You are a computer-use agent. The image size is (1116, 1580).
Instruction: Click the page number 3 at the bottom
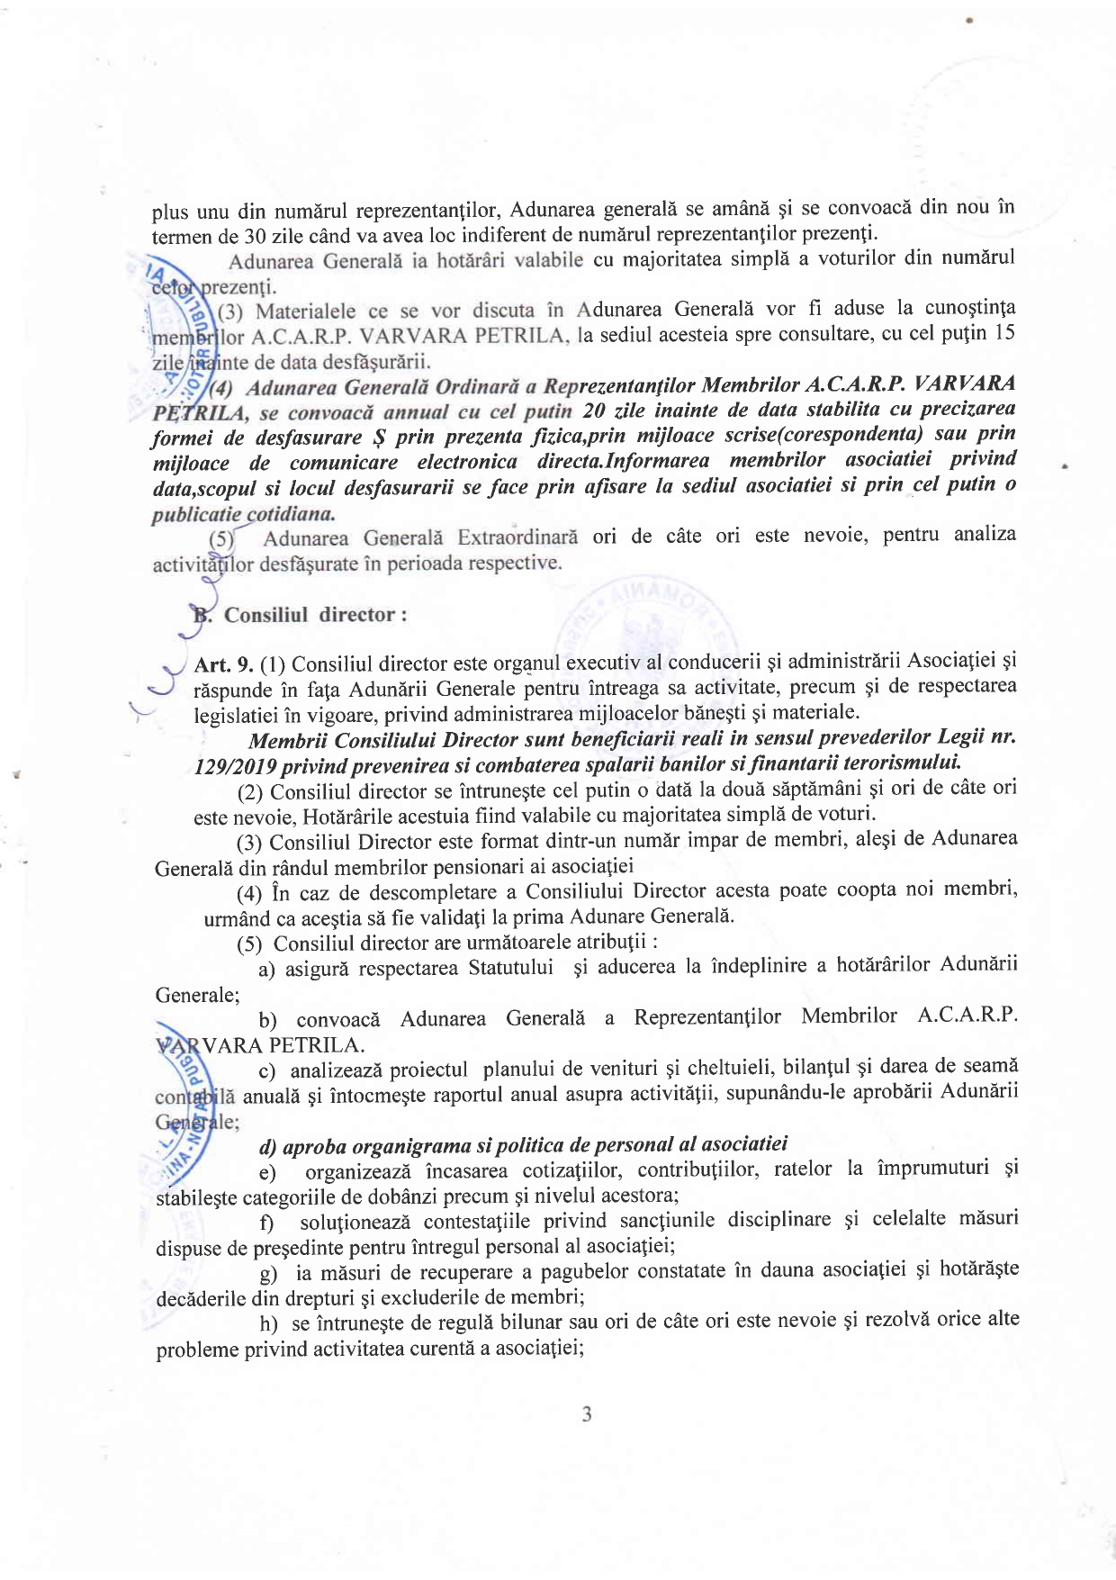[587, 1414]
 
